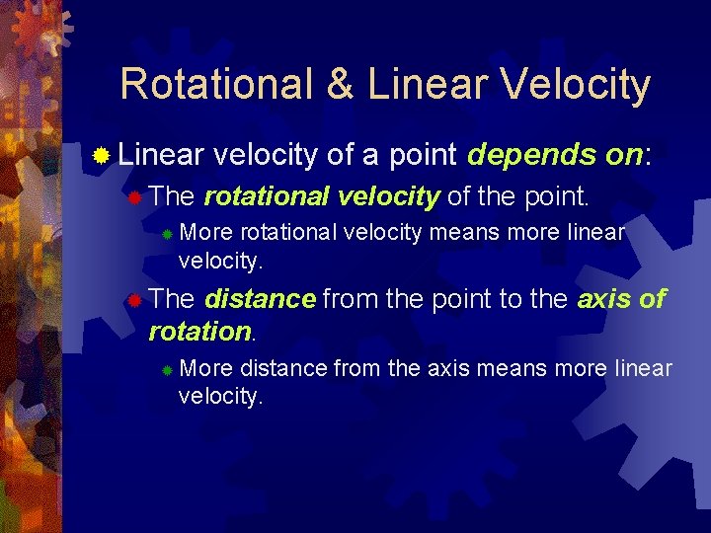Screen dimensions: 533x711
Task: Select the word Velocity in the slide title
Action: [576, 85]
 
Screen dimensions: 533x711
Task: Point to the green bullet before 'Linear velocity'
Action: [100, 156]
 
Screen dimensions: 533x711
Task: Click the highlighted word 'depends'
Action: [525, 155]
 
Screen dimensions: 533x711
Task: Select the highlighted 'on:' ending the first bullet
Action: [621, 155]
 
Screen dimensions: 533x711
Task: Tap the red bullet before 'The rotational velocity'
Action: [135, 197]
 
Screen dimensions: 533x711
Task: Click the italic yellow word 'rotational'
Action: [267, 196]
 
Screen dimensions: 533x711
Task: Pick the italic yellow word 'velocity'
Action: [388, 196]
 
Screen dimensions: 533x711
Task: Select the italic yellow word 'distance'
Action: [261, 298]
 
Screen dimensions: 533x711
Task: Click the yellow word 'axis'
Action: [605, 298]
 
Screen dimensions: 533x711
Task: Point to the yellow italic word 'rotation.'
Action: [201, 331]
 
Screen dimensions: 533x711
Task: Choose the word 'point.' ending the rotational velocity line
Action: [553, 196]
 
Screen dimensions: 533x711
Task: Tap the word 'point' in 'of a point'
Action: [422, 156]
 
